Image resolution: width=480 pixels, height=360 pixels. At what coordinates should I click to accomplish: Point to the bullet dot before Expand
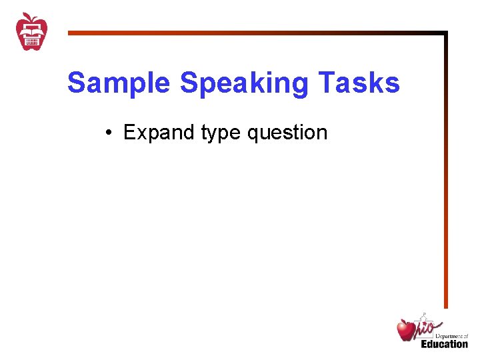coord(108,133)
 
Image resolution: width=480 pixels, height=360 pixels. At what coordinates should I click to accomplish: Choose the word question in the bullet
coord(287,133)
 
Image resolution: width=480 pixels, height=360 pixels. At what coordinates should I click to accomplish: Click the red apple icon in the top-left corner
coord(31,31)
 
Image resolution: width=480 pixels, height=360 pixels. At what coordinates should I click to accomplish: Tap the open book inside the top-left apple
coord(31,28)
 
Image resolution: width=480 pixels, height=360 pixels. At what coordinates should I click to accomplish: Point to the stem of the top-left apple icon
coord(27,15)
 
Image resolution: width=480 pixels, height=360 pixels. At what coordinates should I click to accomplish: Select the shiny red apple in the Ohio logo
coord(406,329)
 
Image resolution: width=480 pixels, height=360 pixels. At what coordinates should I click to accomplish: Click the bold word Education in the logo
coord(444,344)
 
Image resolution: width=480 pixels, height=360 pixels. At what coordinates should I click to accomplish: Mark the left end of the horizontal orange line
coord(69,32)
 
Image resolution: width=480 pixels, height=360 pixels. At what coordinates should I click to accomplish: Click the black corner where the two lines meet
coord(445,33)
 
